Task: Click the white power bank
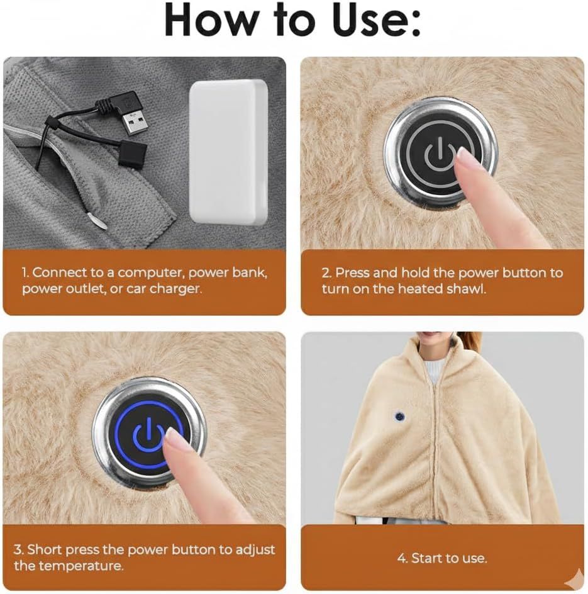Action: pos(228,151)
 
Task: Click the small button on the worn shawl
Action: pos(400,417)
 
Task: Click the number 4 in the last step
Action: pos(402,558)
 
